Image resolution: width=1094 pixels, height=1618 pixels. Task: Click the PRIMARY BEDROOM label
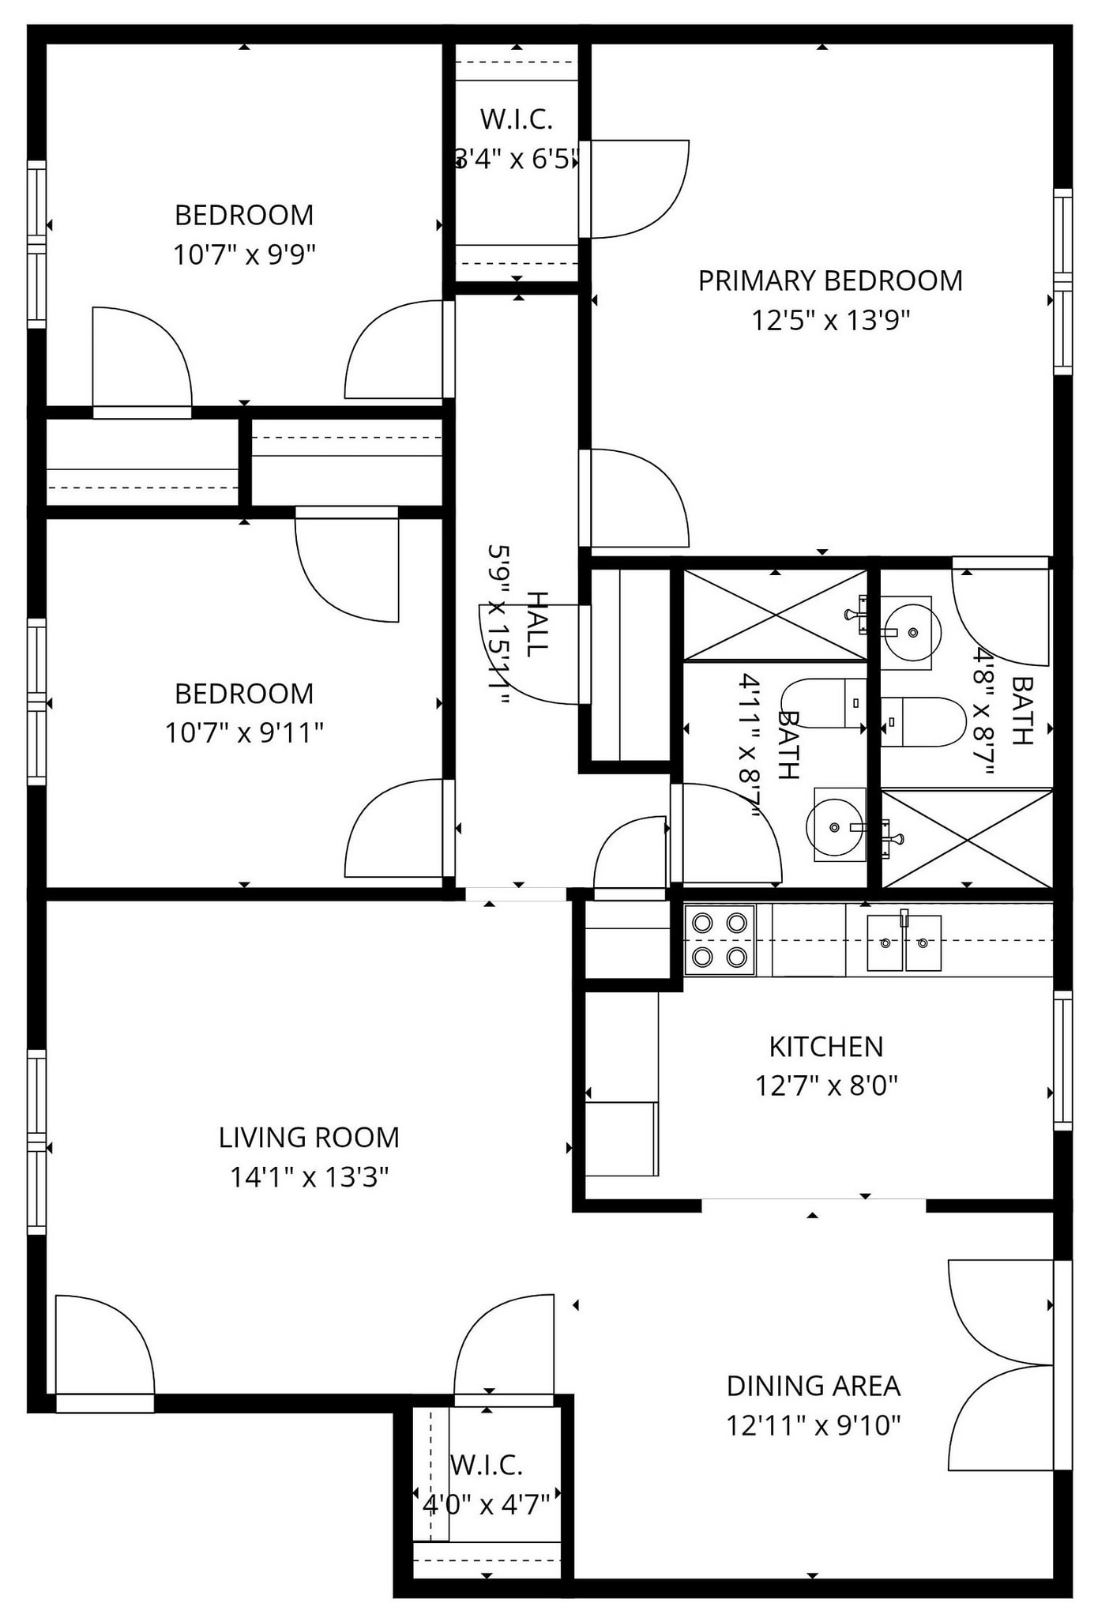tap(829, 281)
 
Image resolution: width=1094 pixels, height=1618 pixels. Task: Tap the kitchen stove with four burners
tap(719, 940)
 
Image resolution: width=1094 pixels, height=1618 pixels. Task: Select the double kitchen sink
tap(904, 943)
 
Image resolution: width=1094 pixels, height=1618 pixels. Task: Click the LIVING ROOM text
tap(309, 1138)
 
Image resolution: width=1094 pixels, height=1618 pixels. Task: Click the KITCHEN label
tap(825, 1047)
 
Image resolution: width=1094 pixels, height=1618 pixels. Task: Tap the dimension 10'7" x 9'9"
tap(244, 255)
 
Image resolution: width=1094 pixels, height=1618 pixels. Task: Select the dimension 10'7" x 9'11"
tap(244, 733)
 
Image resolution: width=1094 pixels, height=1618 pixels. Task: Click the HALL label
tap(536, 624)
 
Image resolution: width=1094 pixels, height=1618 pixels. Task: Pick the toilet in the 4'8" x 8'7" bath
tap(923, 721)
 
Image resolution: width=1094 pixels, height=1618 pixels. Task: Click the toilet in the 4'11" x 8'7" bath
tap(824, 702)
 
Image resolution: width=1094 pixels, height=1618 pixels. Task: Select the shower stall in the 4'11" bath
tap(774, 615)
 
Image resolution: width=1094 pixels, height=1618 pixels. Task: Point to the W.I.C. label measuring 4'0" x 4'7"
tap(487, 1466)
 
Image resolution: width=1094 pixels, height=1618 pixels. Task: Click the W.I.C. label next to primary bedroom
tap(516, 119)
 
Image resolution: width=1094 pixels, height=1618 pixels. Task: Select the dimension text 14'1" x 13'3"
tap(309, 1178)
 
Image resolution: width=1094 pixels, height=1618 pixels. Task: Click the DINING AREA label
tap(813, 1386)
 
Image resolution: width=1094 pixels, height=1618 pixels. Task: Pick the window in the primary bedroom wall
tap(1063, 281)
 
